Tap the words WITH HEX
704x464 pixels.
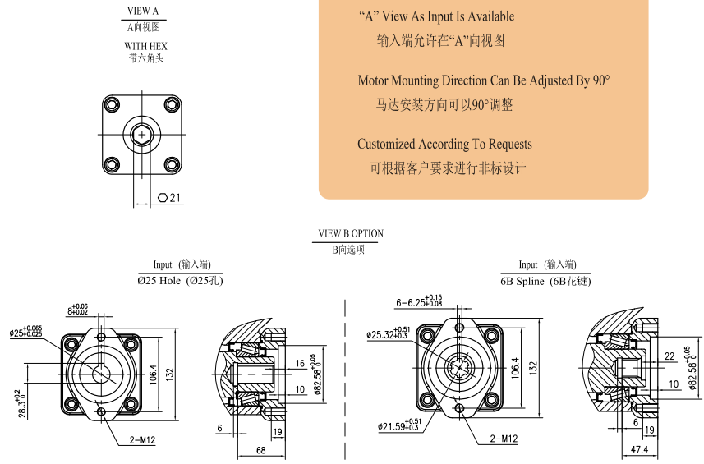[x=145, y=46]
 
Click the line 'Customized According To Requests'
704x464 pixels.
[x=444, y=145]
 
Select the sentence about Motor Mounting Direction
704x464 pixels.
[x=484, y=80]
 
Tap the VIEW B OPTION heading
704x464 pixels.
[x=351, y=233]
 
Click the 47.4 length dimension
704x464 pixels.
[x=639, y=450]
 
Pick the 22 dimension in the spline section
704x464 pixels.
[x=670, y=356]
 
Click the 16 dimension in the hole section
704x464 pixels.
[x=298, y=362]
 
